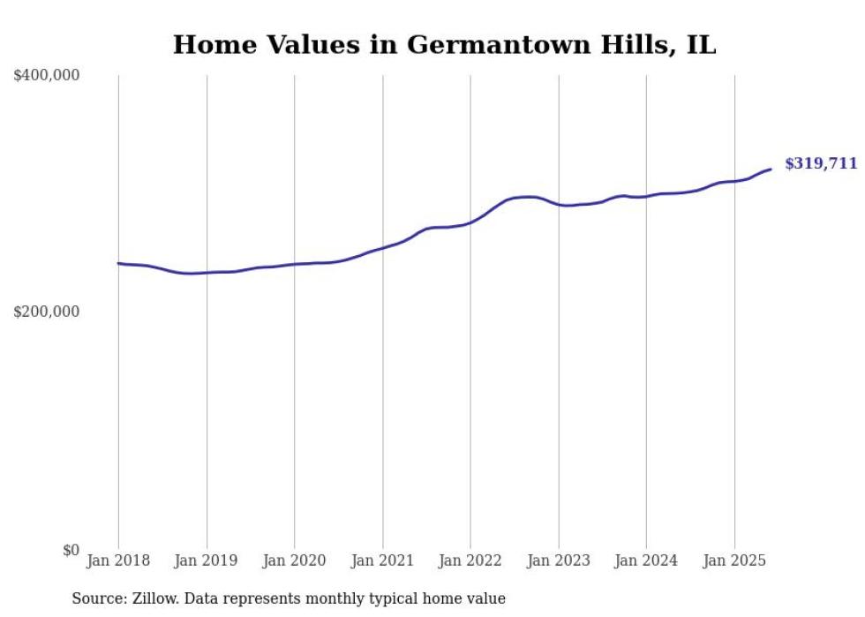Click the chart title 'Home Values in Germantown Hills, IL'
pos(444,45)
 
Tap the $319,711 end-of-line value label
pos(820,163)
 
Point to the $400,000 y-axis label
pos(47,76)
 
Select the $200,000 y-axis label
pos(47,312)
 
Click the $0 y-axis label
pos(71,550)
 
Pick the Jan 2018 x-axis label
pos(118,561)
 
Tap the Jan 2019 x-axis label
pos(207,561)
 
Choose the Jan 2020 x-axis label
pos(295,561)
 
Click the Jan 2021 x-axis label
pos(382,561)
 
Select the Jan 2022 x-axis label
pos(470,561)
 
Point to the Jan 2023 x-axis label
pos(558,561)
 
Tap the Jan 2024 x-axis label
pos(646,561)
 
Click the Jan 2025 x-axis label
pos(733,561)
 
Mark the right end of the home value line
pos(771,169)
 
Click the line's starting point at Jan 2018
pos(118,263)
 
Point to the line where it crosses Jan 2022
pos(470,222)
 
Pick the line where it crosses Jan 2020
pos(295,264)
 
